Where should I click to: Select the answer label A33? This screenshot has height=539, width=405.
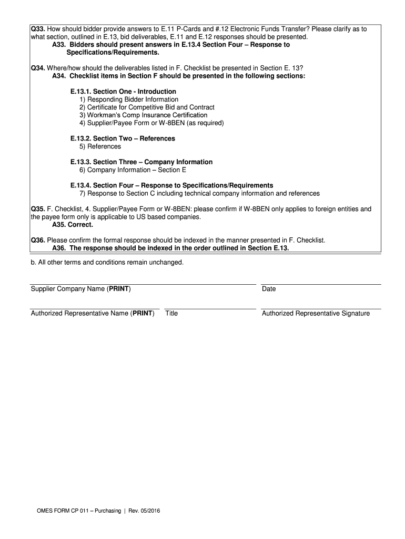59,45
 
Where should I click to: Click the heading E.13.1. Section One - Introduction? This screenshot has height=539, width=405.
123,92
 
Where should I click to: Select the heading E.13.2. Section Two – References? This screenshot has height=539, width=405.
123,138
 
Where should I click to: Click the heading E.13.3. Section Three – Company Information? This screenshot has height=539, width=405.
141,162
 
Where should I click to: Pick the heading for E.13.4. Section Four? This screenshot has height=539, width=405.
171,185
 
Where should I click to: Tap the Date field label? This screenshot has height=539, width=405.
269,289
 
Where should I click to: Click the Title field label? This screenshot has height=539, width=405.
171,314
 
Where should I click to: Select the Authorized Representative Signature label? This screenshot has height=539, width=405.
316,314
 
